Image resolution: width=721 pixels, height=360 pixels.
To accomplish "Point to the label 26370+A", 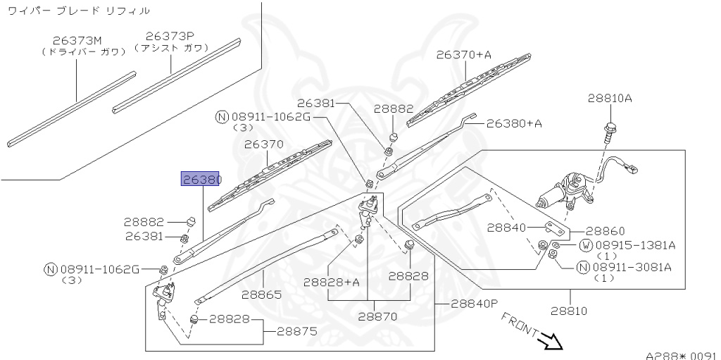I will click(x=463, y=54).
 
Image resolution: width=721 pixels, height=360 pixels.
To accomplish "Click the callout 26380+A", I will click(x=514, y=123).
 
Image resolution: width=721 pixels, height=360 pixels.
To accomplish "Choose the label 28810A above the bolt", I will click(x=610, y=99).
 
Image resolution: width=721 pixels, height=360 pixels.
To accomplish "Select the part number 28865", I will click(x=261, y=295).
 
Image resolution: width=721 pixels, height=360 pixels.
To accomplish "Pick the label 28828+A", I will click(x=332, y=282).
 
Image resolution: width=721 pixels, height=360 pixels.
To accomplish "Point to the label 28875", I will click(x=296, y=330).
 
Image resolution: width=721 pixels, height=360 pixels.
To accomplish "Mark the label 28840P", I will click(x=474, y=304).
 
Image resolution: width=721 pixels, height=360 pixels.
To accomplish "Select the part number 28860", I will click(x=605, y=231).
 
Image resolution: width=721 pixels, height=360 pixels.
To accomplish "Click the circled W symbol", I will click(x=584, y=245).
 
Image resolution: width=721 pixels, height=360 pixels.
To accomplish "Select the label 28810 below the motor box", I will click(x=569, y=311).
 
